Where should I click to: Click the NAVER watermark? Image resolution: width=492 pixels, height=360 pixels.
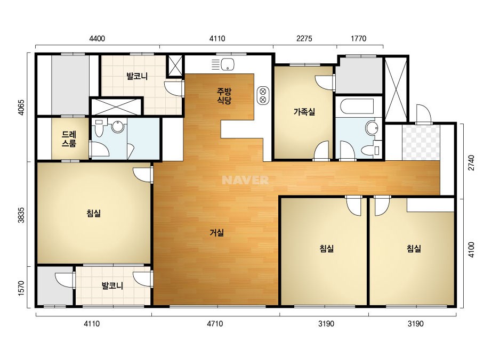pyautogui.click(x=245, y=180)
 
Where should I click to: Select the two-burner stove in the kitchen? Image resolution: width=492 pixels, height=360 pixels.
pyautogui.click(x=263, y=95)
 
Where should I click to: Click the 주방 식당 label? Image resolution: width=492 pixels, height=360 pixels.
pyautogui.click(x=224, y=96)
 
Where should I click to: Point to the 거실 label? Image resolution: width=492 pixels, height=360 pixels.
pyautogui.click(x=217, y=233)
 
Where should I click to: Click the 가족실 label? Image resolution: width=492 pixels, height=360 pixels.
pyautogui.click(x=304, y=112)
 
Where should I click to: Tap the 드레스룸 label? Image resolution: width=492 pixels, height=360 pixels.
pyautogui.click(x=69, y=139)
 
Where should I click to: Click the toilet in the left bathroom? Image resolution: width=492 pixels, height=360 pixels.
pyautogui.click(x=99, y=128)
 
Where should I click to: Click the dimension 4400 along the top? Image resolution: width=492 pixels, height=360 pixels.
pyautogui.click(x=97, y=38)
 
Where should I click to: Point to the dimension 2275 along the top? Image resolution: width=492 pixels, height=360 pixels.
pyautogui.click(x=304, y=38)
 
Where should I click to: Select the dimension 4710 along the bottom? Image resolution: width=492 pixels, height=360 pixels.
pyautogui.click(x=215, y=324)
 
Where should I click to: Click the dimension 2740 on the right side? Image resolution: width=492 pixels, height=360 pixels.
pyautogui.click(x=471, y=163)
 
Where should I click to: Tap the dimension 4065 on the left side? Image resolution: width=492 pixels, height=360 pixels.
pyautogui.click(x=21, y=108)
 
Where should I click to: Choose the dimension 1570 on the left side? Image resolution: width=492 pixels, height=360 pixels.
pyautogui.click(x=21, y=288)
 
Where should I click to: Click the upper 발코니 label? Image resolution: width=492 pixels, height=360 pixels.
pyautogui.click(x=137, y=76)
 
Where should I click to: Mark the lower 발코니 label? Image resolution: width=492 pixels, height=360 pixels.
pyautogui.click(x=112, y=285)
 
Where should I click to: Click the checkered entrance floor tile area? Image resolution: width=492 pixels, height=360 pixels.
pyautogui.click(x=421, y=143)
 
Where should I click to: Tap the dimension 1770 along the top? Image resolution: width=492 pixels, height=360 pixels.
pyautogui.click(x=358, y=38)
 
